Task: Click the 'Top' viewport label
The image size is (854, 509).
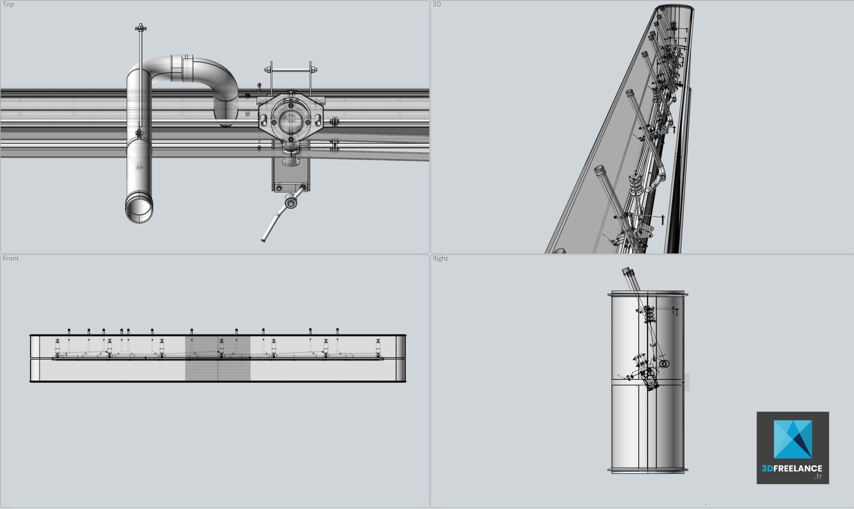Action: coord(8,4)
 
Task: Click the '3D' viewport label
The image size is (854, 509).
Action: coord(437,4)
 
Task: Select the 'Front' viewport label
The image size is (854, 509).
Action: coord(11,258)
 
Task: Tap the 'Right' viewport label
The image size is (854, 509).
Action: coord(440,258)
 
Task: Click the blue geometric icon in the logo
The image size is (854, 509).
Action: coord(793,439)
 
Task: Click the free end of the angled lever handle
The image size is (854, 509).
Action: coord(264,240)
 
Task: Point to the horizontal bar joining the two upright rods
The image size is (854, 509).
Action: coord(291,70)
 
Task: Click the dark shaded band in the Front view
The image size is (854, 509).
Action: coord(218,358)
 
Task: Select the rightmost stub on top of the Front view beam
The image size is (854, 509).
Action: coord(338,331)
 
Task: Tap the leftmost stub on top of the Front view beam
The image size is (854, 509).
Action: coord(69,331)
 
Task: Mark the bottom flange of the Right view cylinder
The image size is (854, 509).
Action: coord(648,471)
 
